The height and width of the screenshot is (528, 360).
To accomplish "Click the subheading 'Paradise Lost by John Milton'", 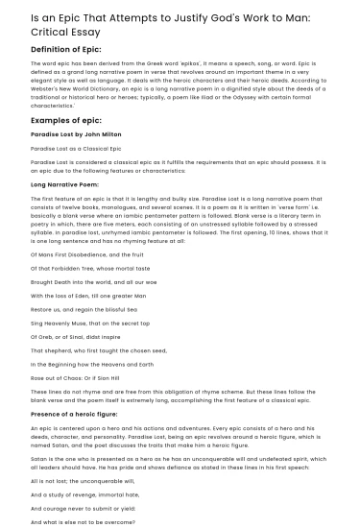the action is (x=72, y=136).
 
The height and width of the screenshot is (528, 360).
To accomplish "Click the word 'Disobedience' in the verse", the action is (x=83, y=253).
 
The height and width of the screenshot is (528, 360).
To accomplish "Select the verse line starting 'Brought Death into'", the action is (x=93, y=285).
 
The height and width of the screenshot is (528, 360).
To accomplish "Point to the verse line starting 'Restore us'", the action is (x=79, y=316).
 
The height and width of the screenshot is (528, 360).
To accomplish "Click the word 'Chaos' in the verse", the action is (x=73, y=393).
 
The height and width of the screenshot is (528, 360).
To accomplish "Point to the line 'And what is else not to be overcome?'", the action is (x=84, y=523).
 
